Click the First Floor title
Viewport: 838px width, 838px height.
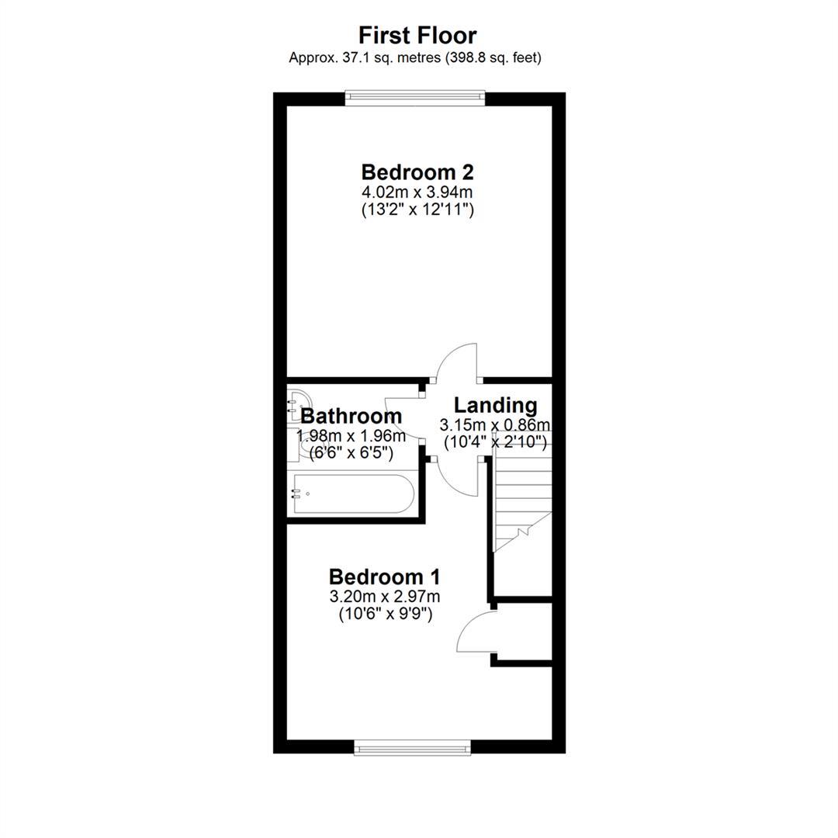pyautogui.click(x=417, y=36)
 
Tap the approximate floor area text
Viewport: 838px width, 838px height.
pyautogui.click(x=415, y=57)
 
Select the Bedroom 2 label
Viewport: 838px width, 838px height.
pyautogui.click(x=417, y=172)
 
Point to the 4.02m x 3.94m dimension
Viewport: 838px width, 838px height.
pyautogui.click(x=417, y=192)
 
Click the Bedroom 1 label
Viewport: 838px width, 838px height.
pyautogui.click(x=385, y=577)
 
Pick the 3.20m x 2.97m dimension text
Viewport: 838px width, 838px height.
pyautogui.click(x=385, y=596)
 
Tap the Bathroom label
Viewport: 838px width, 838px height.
pyautogui.click(x=351, y=416)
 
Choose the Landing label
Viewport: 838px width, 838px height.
pyautogui.click(x=495, y=405)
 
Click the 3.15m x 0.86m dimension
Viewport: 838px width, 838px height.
pyautogui.click(x=495, y=425)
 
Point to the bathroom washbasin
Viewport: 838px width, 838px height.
pyautogui.click(x=298, y=405)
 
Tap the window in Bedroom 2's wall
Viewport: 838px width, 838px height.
pyautogui.click(x=415, y=98)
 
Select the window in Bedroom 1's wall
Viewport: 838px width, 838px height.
pyautogui.click(x=413, y=748)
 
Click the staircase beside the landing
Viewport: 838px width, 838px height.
pyautogui.click(x=522, y=499)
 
